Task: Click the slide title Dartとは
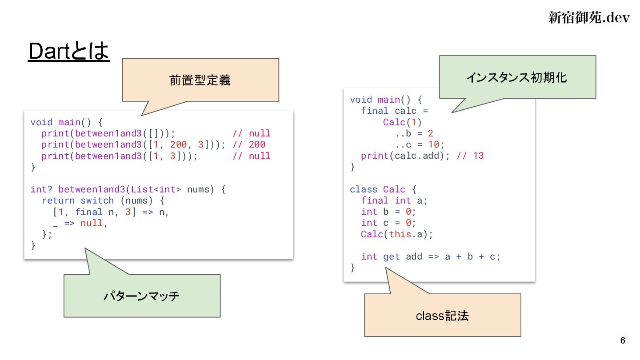[x=68, y=52]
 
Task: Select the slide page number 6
[x=623, y=340]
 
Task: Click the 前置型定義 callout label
[x=200, y=80]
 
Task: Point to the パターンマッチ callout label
[x=141, y=296]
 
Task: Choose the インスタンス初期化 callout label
[x=516, y=77]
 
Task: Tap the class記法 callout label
[x=442, y=316]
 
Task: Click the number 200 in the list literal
[x=178, y=144]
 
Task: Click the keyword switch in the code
[x=97, y=200]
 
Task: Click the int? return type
[x=41, y=189]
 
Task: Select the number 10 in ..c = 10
[x=434, y=144]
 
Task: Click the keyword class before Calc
[x=364, y=189]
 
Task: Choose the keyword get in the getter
[x=392, y=256]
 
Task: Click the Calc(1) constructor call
[x=402, y=122]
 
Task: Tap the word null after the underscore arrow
[x=92, y=223]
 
